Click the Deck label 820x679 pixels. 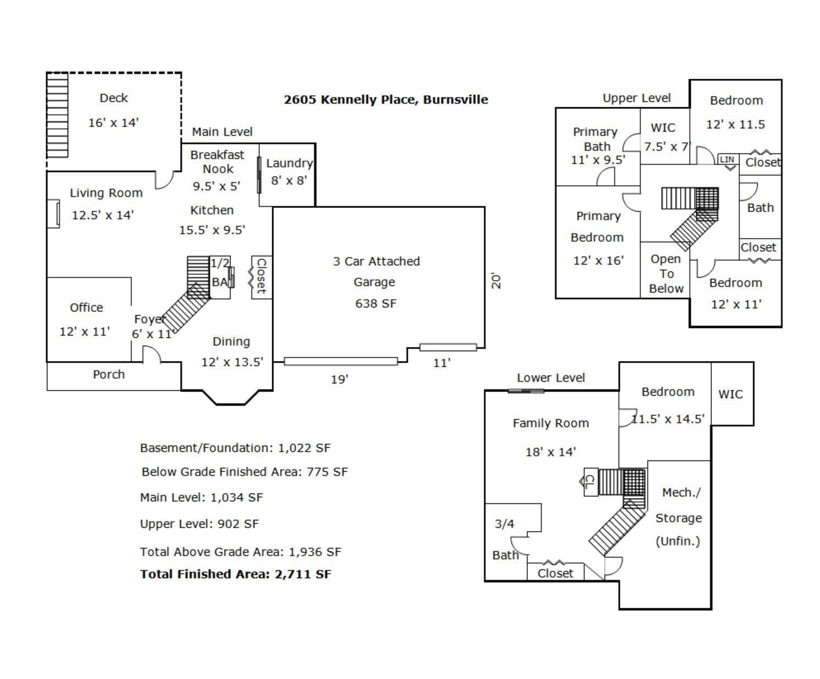114,98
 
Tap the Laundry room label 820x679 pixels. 289,163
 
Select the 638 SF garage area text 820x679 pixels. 376,304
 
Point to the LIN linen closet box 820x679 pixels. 727,160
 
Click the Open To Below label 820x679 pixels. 666,274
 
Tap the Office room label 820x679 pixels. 86,308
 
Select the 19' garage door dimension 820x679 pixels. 339,380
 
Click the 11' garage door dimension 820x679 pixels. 442,363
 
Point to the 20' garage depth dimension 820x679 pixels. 496,281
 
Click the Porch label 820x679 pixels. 109,375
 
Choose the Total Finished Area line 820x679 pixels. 235,574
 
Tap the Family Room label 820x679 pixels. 551,423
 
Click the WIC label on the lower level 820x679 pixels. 730,395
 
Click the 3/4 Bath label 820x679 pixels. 505,539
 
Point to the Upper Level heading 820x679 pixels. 636,98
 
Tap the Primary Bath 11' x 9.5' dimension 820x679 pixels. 598,160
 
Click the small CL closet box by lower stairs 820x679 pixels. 590,482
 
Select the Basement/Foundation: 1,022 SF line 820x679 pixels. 235,448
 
